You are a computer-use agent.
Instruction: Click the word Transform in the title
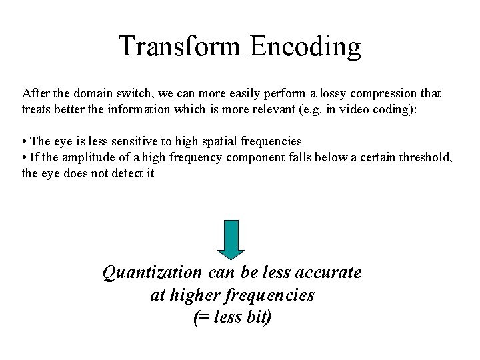tap(180, 47)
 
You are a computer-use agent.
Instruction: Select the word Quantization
tap(153, 273)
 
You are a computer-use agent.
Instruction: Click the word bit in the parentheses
tap(257, 317)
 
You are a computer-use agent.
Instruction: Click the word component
tap(254, 157)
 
